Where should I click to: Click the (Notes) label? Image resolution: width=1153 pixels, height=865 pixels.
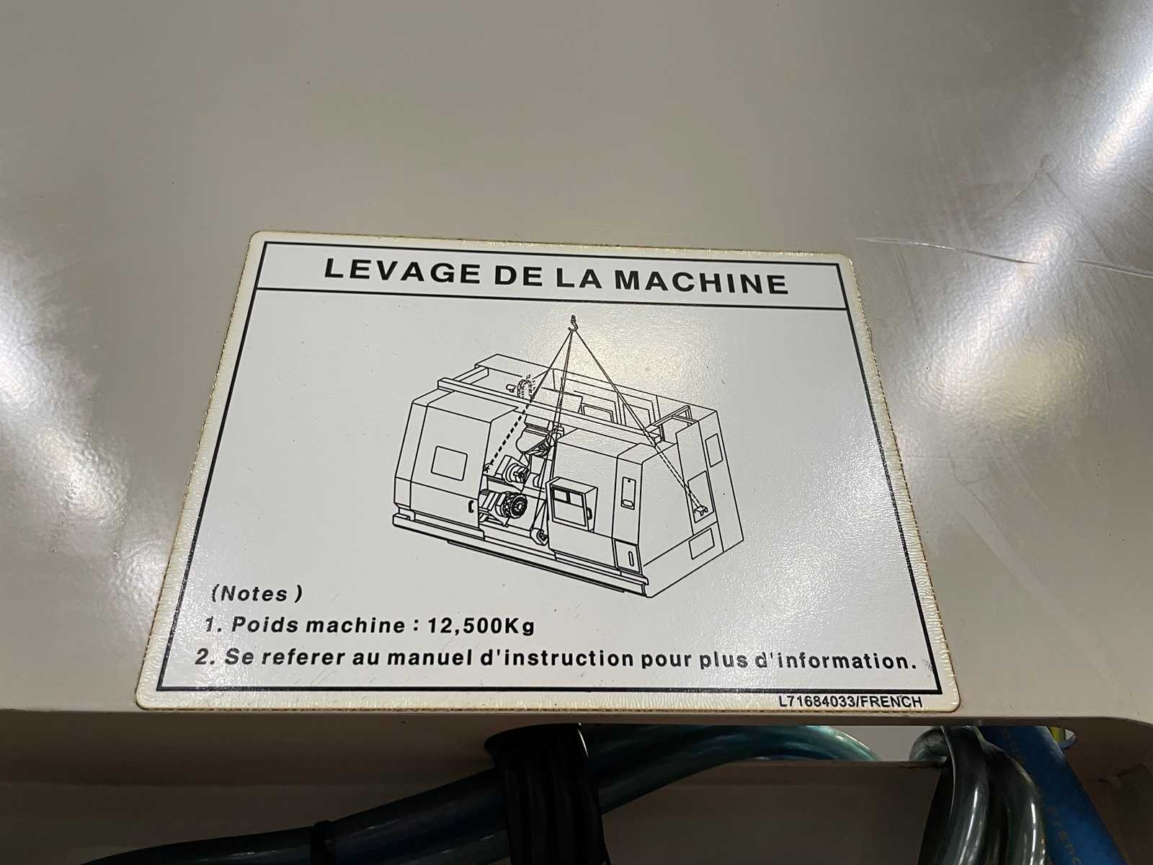(x=257, y=593)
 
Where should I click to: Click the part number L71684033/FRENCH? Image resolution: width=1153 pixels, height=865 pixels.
(x=850, y=701)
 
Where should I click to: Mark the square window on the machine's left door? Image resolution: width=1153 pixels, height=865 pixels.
(x=449, y=463)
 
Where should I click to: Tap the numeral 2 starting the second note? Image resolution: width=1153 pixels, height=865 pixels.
(x=202, y=656)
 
